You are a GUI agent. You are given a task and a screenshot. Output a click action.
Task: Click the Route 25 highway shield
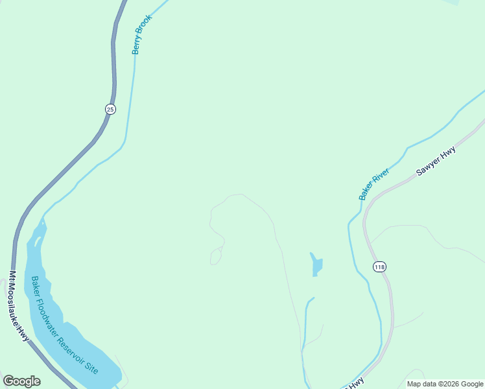[110, 110]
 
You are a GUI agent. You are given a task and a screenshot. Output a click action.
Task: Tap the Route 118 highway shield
[379, 266]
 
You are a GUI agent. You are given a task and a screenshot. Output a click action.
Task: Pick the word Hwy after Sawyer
[449, 152]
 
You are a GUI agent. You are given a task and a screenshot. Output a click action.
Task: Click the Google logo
[21, 381]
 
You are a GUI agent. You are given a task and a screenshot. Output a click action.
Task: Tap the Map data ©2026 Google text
[445, 384]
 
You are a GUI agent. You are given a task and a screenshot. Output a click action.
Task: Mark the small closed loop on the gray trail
[216, 256]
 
